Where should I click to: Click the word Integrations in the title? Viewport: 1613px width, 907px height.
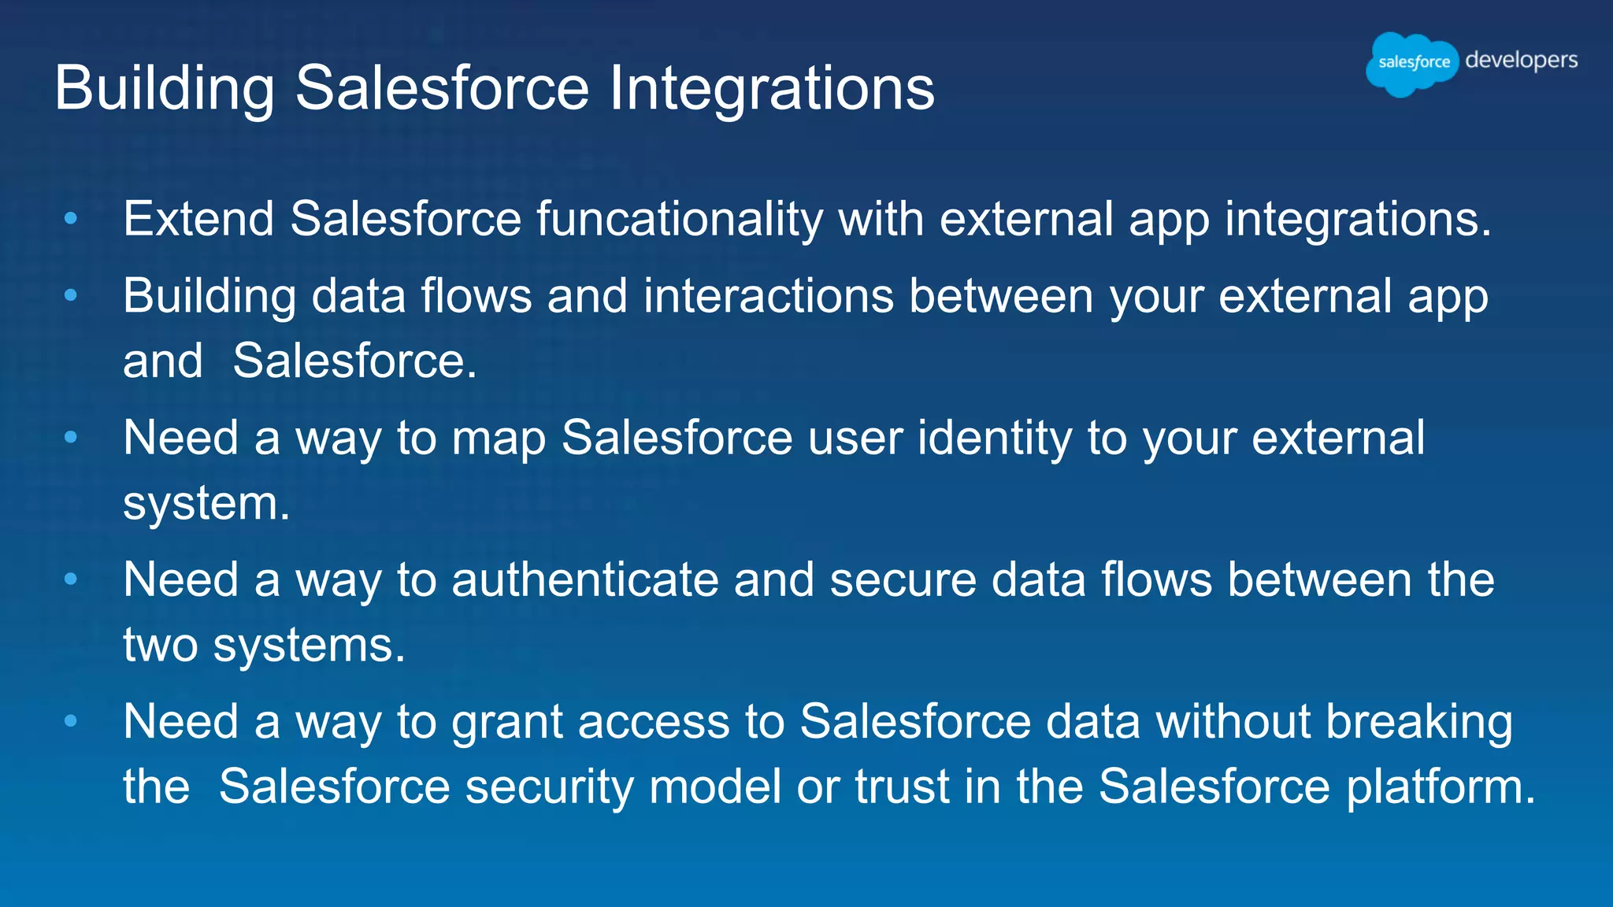tap(772, 88)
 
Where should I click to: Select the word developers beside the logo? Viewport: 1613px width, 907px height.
tap(1521, 61)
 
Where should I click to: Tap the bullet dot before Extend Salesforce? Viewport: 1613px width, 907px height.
tap(71, 218)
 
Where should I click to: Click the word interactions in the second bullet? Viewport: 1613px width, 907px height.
tap(768, 297)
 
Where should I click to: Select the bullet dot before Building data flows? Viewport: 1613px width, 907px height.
tap(71, 296)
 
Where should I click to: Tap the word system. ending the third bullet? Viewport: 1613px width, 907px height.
tap(206, 504)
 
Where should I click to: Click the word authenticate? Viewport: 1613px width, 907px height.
tap(585, 580)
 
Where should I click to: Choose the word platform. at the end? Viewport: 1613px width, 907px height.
tap(1441, 787)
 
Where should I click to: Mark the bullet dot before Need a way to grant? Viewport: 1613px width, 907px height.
tap(71, 720)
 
